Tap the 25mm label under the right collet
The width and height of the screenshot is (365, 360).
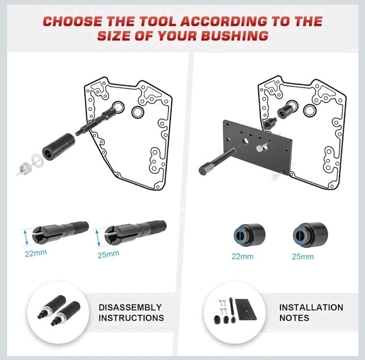point(108,254)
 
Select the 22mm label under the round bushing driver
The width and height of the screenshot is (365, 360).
point(242,256)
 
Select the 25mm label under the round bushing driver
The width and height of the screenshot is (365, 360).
point(303,256)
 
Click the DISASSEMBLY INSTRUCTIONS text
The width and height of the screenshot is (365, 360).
point(131,313)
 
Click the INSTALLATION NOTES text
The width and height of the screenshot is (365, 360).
point(311,313)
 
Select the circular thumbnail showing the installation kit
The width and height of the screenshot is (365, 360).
point(232,313)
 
